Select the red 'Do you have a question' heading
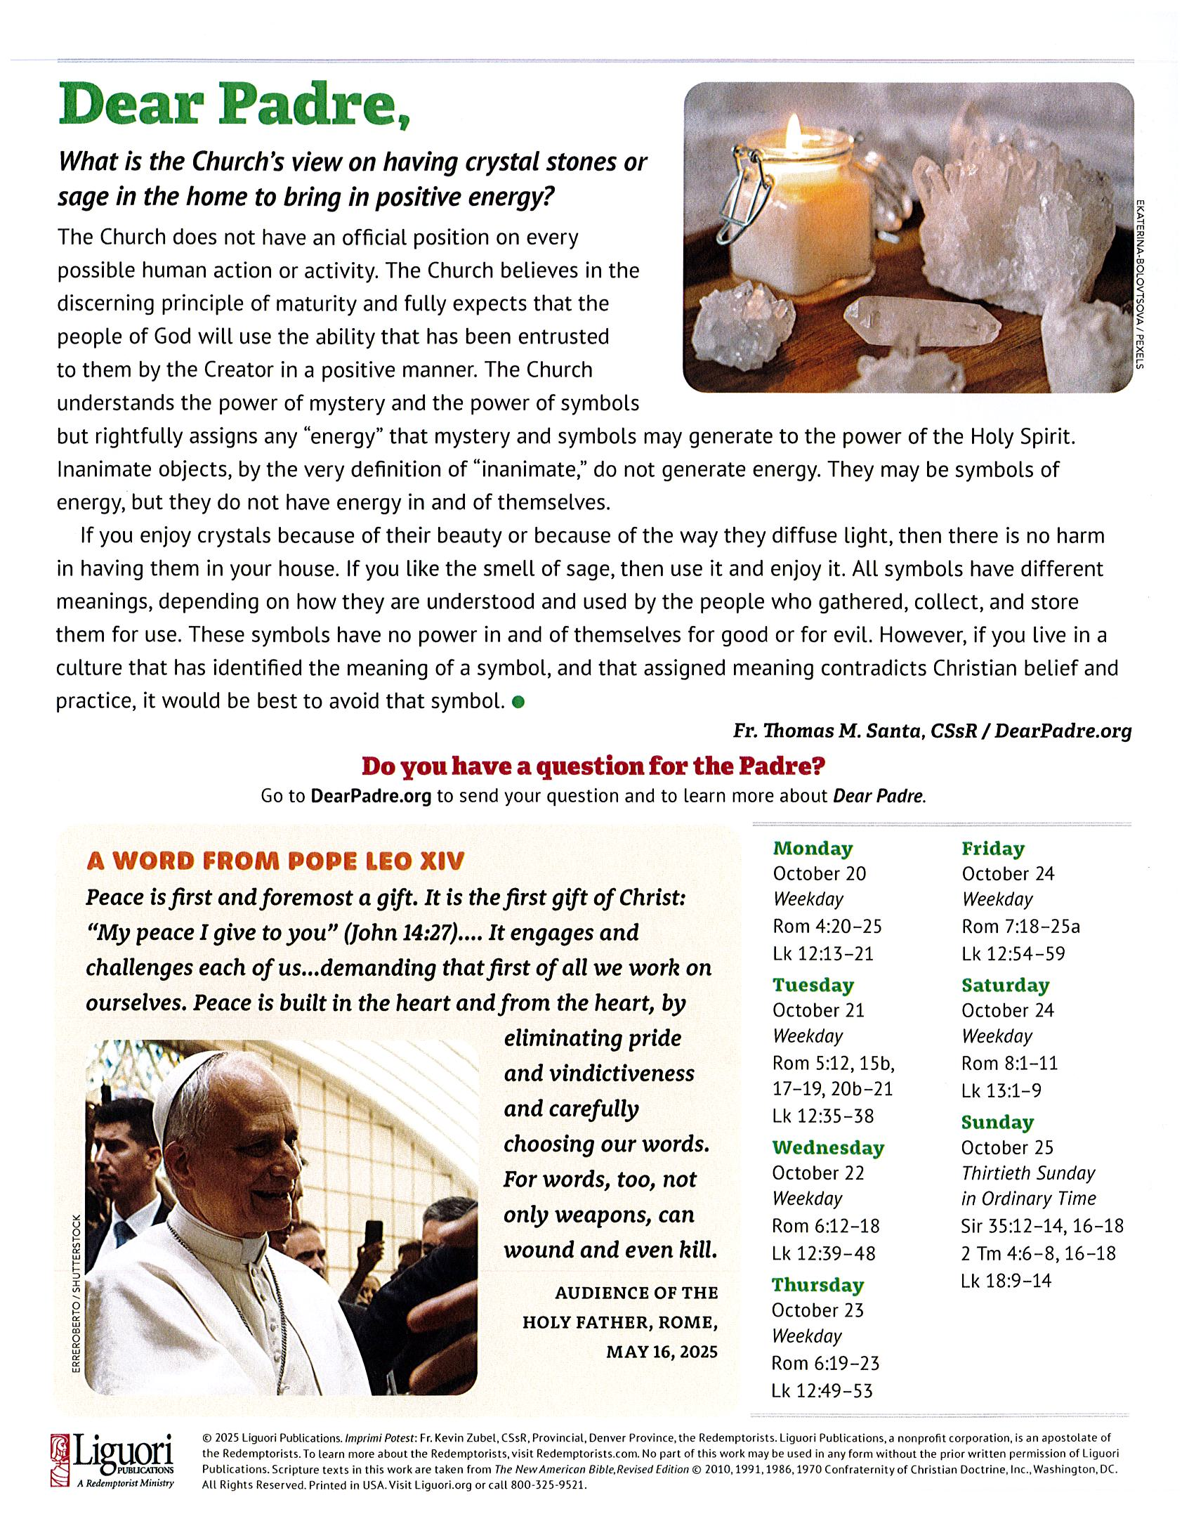[x=593, y=766]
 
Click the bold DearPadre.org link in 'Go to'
[x=371, y=796]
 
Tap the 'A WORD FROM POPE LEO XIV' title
[x=275, y=861]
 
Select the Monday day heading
[x=813, y=848]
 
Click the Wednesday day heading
[x=827, y=1148]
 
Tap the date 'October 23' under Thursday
[x=817, y=1310]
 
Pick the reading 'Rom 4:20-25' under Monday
[x=827, y=926]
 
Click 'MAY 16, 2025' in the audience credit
[x=661, y=1352]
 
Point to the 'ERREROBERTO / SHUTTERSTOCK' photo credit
[x=76, y=1293]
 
